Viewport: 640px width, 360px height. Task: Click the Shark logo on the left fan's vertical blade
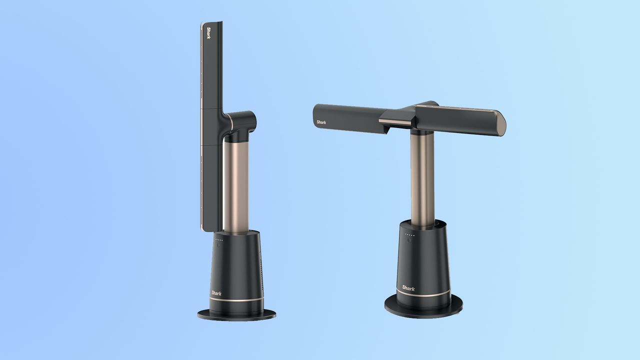208,33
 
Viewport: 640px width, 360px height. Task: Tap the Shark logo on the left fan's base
216,293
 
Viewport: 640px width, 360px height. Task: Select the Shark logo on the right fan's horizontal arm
321,122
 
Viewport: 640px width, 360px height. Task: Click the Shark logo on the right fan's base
408,288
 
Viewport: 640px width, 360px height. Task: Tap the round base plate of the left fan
236,314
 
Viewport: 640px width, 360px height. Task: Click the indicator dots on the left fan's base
219,240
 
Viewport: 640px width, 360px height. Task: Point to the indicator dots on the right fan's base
409,235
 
